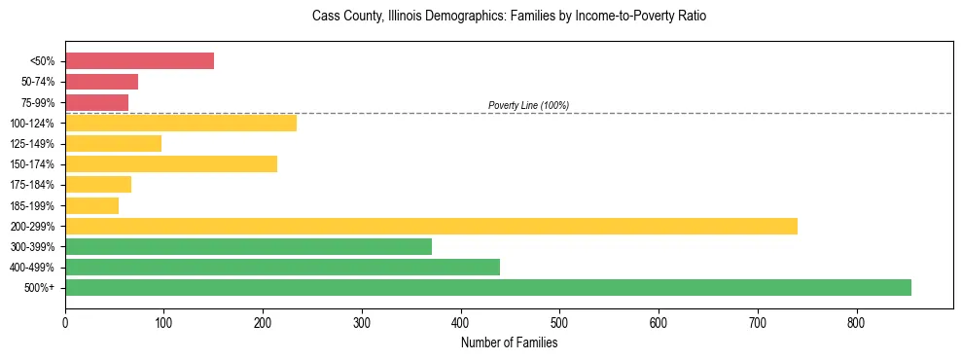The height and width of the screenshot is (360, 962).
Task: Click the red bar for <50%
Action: [139, 61]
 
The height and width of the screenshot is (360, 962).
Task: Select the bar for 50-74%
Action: [101, 82]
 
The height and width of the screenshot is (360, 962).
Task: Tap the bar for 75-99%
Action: [96, 102]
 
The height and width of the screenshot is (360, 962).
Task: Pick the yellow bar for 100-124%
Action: [180, 123]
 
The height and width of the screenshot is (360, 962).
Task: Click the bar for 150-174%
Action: [170, 163]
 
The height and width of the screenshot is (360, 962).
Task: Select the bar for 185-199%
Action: [91, 205]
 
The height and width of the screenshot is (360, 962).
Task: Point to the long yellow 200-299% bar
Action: [431, 226]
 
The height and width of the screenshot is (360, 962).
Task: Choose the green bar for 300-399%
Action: [248, 246]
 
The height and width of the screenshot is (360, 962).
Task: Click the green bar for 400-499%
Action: [282, 267]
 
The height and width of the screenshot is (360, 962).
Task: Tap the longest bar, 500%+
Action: [487, 287]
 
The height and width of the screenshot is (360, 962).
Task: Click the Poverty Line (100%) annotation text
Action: [528, 105]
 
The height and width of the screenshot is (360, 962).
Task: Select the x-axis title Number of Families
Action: [509, 342]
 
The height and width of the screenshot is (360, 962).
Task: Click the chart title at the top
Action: [509, 17]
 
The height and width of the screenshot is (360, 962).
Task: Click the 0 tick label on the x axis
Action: [65, 322]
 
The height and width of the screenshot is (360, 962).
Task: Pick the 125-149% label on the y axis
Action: [32, 144]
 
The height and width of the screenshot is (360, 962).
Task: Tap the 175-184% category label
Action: [32, 185]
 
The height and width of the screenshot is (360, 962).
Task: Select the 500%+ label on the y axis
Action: [39, 288]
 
